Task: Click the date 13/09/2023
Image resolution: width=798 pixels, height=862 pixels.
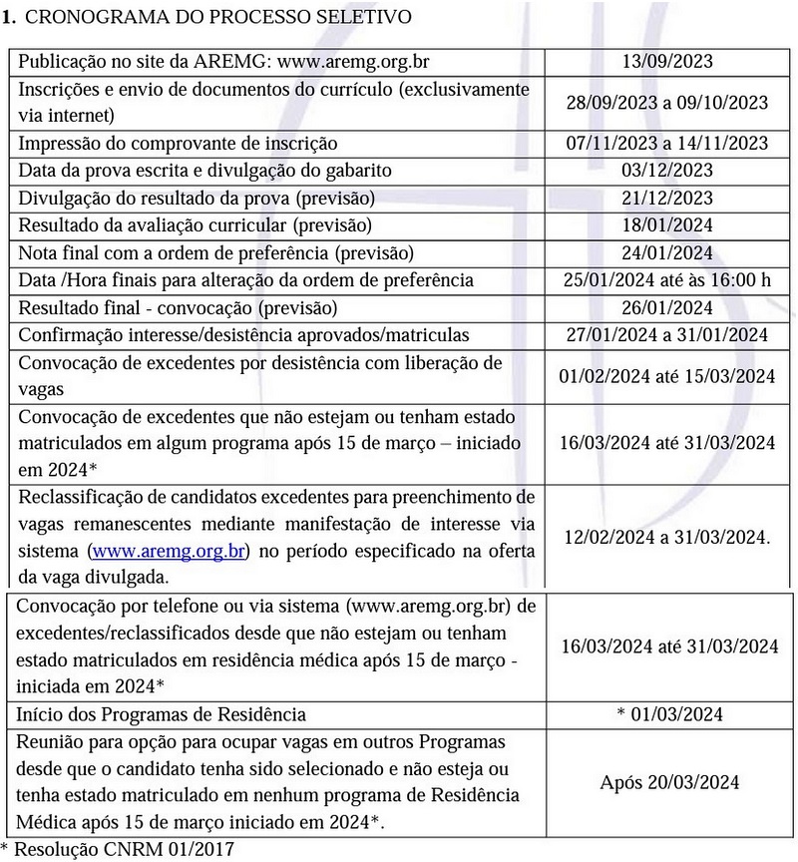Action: [x=666, y=60]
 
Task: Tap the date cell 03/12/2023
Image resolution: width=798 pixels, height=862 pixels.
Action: [x=666, y=170]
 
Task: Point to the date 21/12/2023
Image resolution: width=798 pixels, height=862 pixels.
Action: [x=666, y=198]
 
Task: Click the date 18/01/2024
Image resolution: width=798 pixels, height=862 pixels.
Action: [x=666, y=224]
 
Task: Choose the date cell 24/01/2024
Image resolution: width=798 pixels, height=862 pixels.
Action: [x=666, y=252]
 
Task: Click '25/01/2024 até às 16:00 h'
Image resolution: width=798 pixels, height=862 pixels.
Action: [x=666, y=279]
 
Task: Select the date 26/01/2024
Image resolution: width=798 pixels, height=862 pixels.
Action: [x=666, y=307]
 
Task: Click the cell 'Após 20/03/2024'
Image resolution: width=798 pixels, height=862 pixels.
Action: [x=669, y=781]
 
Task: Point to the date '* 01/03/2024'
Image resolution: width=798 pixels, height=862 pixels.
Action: [x=669, y=714]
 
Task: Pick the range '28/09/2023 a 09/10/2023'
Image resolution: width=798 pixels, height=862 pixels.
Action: [x=666, y=102]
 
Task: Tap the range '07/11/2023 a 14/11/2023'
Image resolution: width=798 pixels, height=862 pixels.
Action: [x=666, y=143]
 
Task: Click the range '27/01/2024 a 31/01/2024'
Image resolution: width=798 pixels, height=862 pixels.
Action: [x=666, y=334]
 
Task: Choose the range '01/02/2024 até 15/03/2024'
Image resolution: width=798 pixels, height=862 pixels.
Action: [x=666, y=375]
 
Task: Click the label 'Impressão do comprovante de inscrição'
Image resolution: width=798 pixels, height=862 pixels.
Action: [x=179, y=143]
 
